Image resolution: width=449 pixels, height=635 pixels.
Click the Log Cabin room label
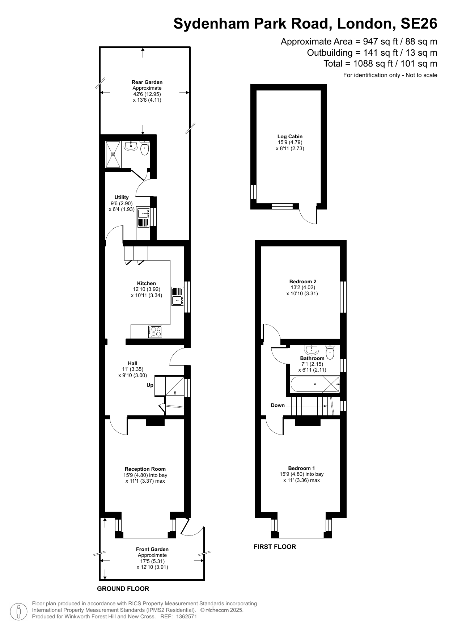(x=290, y=136)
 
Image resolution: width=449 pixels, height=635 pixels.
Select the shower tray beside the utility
(x=113, y=154)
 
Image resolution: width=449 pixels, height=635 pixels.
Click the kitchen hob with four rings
(x=156, y=332)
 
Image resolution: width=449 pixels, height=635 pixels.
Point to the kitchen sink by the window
(x=178, y=296)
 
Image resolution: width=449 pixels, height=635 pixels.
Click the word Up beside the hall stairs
(x=150, y=385)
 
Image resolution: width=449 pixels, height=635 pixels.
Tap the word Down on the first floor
(x=278, y=405)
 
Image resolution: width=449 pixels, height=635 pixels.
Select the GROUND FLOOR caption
(x=123, y=589)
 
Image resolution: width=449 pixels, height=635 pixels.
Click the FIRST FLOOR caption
(x=275, y=547)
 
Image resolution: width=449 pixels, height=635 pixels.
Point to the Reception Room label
(x=145, y=469)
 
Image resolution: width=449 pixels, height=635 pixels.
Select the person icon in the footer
(x=18, y=611)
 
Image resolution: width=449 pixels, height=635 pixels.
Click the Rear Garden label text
(x=147, y=82)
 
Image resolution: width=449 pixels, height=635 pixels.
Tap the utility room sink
(x=143, y=217)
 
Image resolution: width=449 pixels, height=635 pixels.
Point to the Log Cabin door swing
(x=308, y=216)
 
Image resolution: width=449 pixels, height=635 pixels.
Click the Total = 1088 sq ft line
(x=380, y=64)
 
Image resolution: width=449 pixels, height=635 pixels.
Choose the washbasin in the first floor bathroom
(x=312, y=349)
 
